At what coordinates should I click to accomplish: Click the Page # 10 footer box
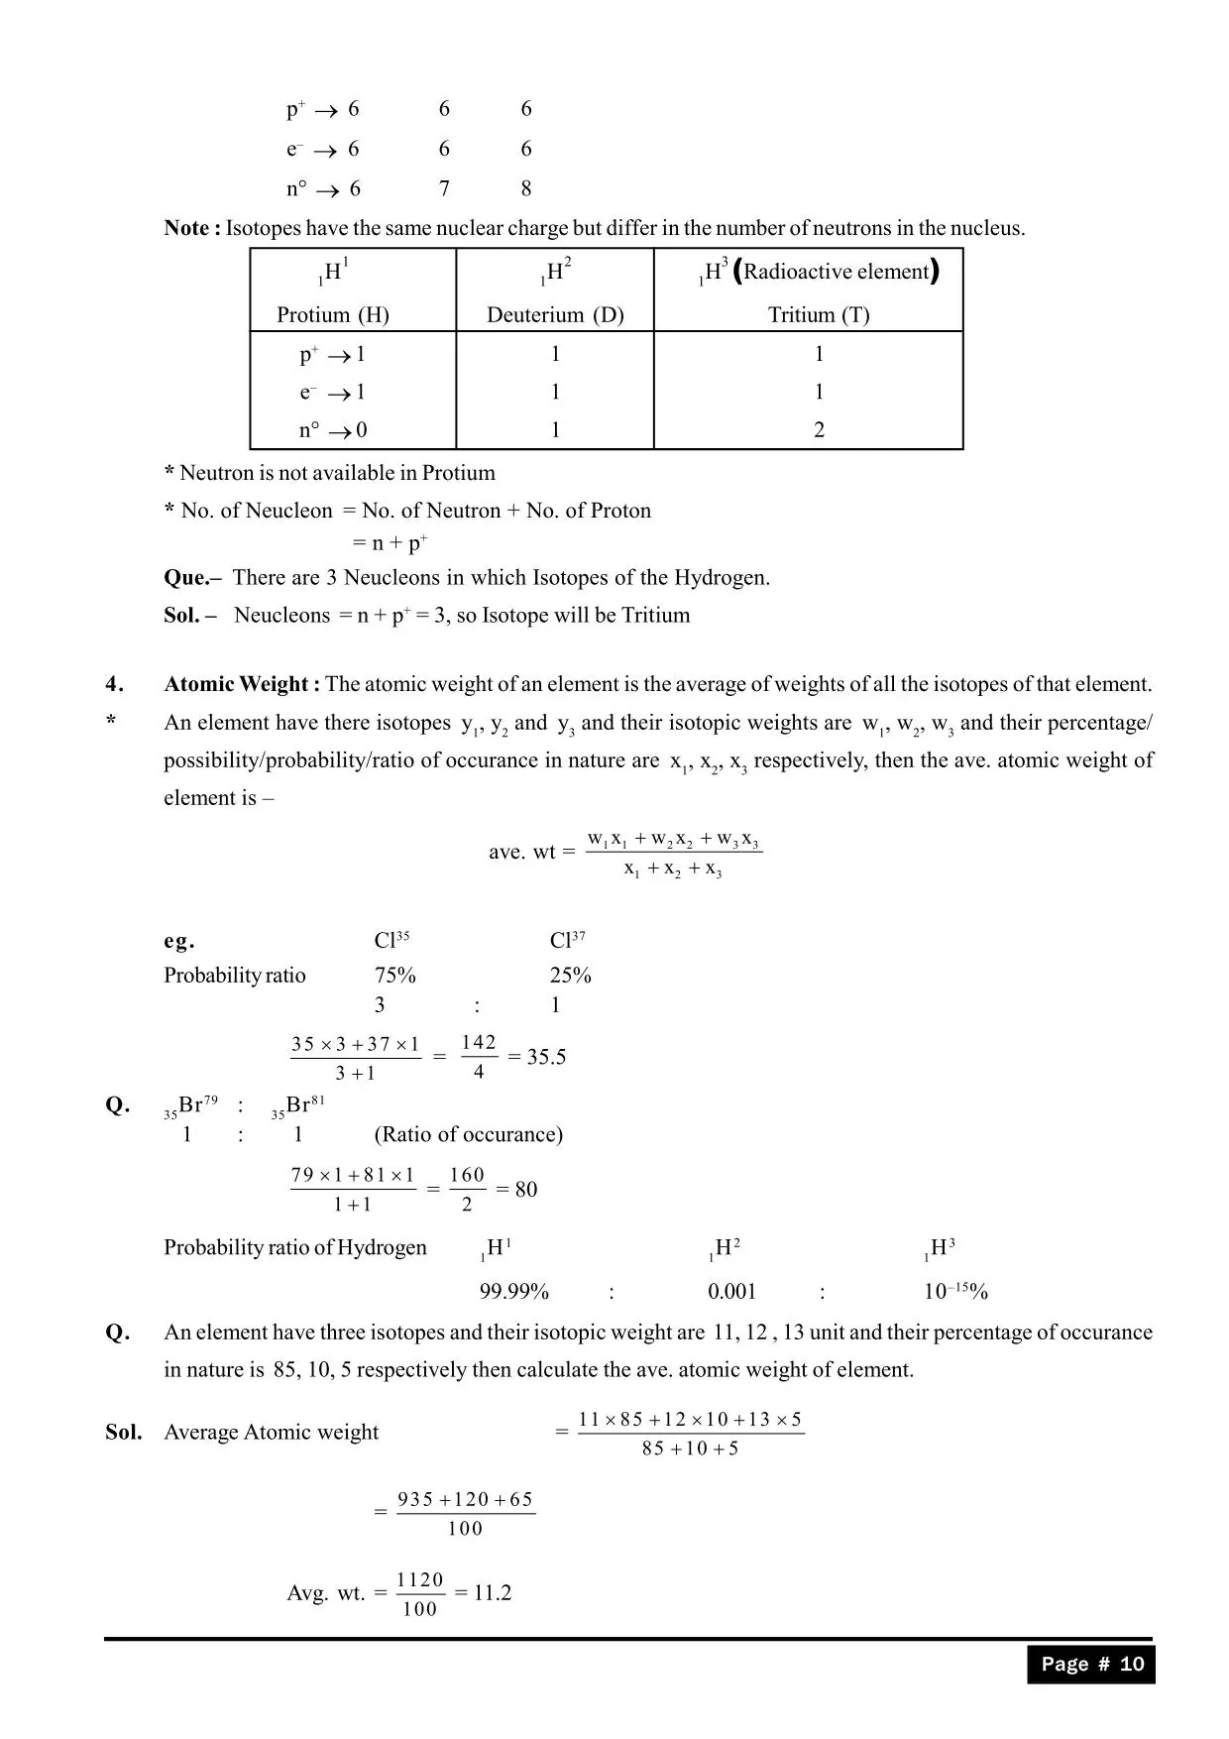pos(1091,1665)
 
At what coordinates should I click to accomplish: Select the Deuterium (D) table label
pos(555,315)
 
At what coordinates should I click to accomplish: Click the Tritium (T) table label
pos(819,315)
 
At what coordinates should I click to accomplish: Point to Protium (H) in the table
pos(333,315)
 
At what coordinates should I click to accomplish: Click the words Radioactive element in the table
pos(837,273)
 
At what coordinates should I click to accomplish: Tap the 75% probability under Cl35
pos(394,976)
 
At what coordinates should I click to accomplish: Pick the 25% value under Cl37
pos(570,976)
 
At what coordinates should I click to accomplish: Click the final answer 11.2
pos(492,1593)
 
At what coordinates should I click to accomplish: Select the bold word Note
pos(186,228)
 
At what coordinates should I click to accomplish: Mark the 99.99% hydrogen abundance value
pos(513,1292)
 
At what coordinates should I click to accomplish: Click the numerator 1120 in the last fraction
pos(420,1580)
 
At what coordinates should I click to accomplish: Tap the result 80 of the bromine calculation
pos(526,1190)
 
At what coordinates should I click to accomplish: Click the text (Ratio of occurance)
pos(468,1135)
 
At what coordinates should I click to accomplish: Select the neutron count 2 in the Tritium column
pos(819,430)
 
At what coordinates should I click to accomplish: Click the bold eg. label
pos(179,941)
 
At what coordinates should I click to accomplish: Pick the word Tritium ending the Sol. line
pos(655,616)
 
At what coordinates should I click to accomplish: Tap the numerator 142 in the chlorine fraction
pos(479,1043)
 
